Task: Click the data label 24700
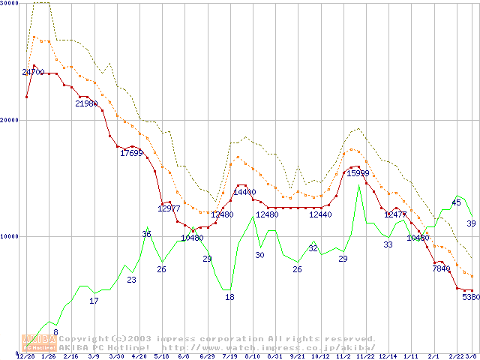click(33, 72)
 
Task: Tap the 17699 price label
click(131, 153)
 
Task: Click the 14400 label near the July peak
click(244, 192)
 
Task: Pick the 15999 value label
click(358, 173)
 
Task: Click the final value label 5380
click(470, 297)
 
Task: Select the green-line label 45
click(456, 202)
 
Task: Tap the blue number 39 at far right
click(471, 223)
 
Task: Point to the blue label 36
click(146, 234)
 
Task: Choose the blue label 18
click(229, 297)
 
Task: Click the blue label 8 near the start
click(55, 331)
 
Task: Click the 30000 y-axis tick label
click(9, 4)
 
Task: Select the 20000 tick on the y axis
click(9, 120)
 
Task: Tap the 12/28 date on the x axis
click(25, 355)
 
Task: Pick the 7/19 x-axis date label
click(229, 355)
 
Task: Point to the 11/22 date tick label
click(365, 355)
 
